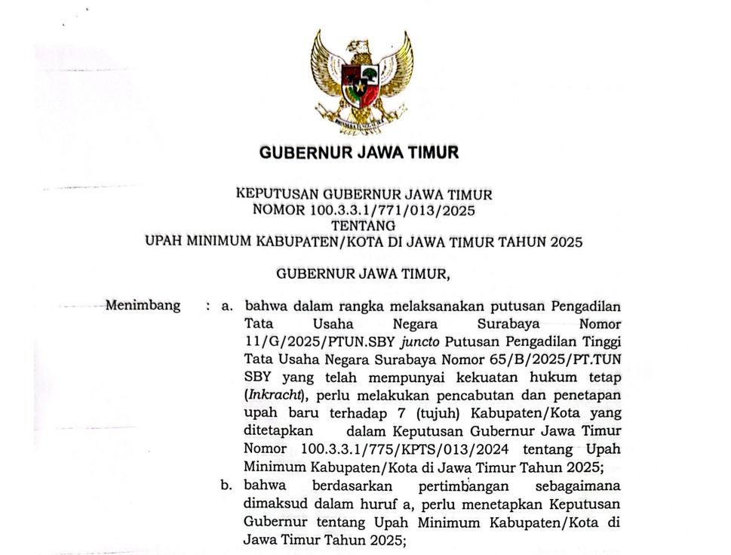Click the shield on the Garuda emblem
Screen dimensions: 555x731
point(360,82)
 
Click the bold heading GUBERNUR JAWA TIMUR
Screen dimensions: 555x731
point(359,153)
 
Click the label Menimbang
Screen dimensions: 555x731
point(143,306)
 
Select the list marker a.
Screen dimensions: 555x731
point(225,307)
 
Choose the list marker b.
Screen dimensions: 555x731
point(226,486)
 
